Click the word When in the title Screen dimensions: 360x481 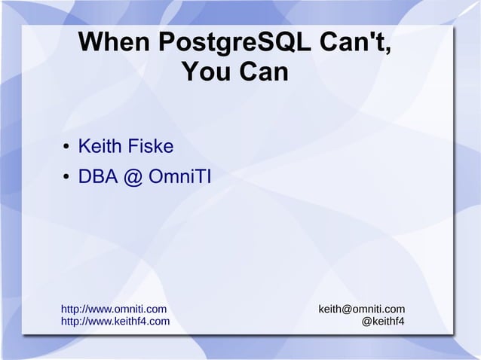pyautogui.click(x=115, y=44)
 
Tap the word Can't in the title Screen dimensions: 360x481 pyautogui.click(x=354, y=44)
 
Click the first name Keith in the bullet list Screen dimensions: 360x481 pyautogui.click(x=101, y=144)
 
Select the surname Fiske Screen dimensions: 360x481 pyautogui.click(x=155, y=144)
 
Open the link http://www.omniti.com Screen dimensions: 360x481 pyautogui.click(x=113, y=309)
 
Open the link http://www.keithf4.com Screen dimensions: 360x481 pyautogui.click(x=115, y=322)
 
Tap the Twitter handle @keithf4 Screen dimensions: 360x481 pyautogui.click(x=383, y=322)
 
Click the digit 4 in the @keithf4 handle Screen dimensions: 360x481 pyautogui.click(x=401, y=322)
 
